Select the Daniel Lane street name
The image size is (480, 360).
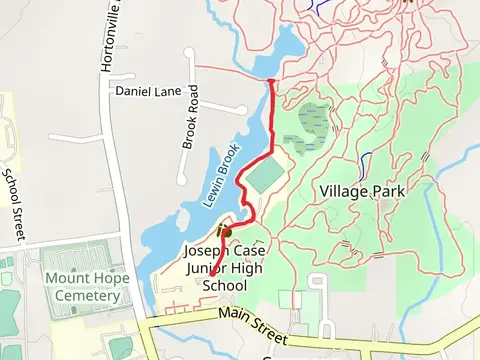pos(148,91)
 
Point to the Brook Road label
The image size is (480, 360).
pos(191,125)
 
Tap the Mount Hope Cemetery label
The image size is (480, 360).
pos(85,287)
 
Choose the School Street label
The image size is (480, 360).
pos(13,204)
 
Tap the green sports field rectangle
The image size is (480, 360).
pos(264,177)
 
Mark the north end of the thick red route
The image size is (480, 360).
pos(272,79)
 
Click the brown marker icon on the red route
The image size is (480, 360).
pos(224,231)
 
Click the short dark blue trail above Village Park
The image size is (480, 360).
pos(366,161)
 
